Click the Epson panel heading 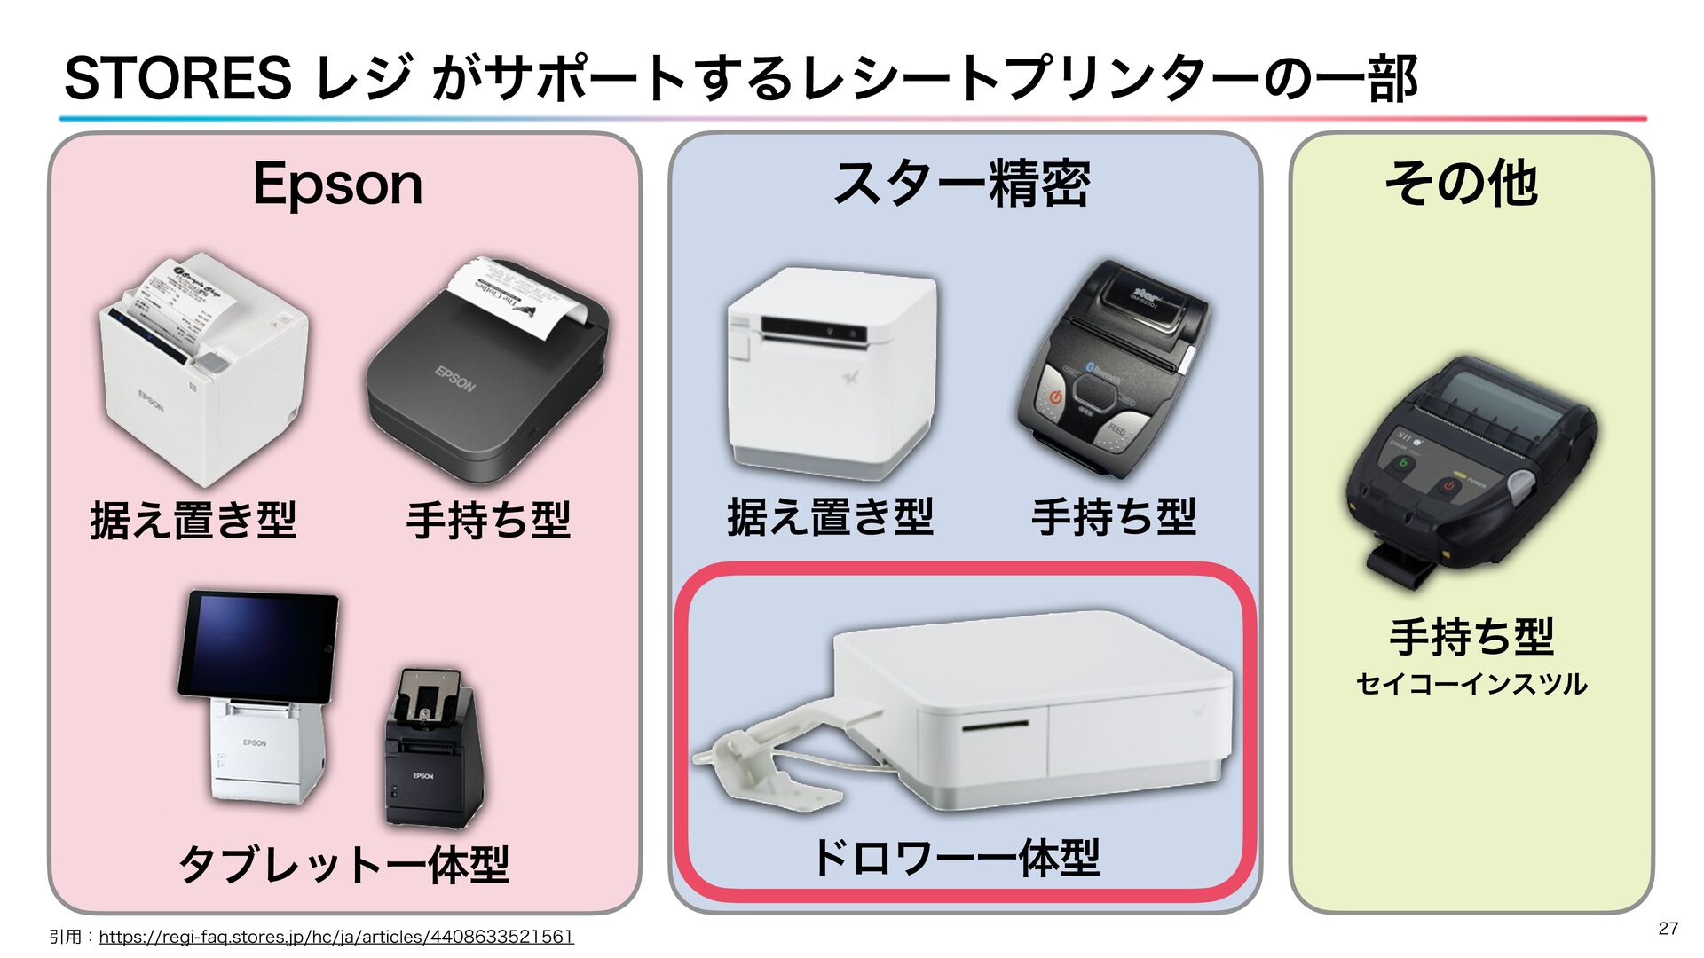[x=337, y=185]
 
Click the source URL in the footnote [x=336, y=937]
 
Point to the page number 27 [x=1668, y=928]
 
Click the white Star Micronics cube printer [x=831, y=373]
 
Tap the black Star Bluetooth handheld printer [x=1114, y=368]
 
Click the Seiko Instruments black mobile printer [x=1469, y=470]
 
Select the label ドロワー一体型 [x=957, y=859]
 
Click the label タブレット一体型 [x=344, y=864]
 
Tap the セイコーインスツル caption [x=1471, y=685]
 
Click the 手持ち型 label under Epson [x=488, y=520]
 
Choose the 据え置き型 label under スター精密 [x=830, y=517]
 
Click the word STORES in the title [x=177, y=78]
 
